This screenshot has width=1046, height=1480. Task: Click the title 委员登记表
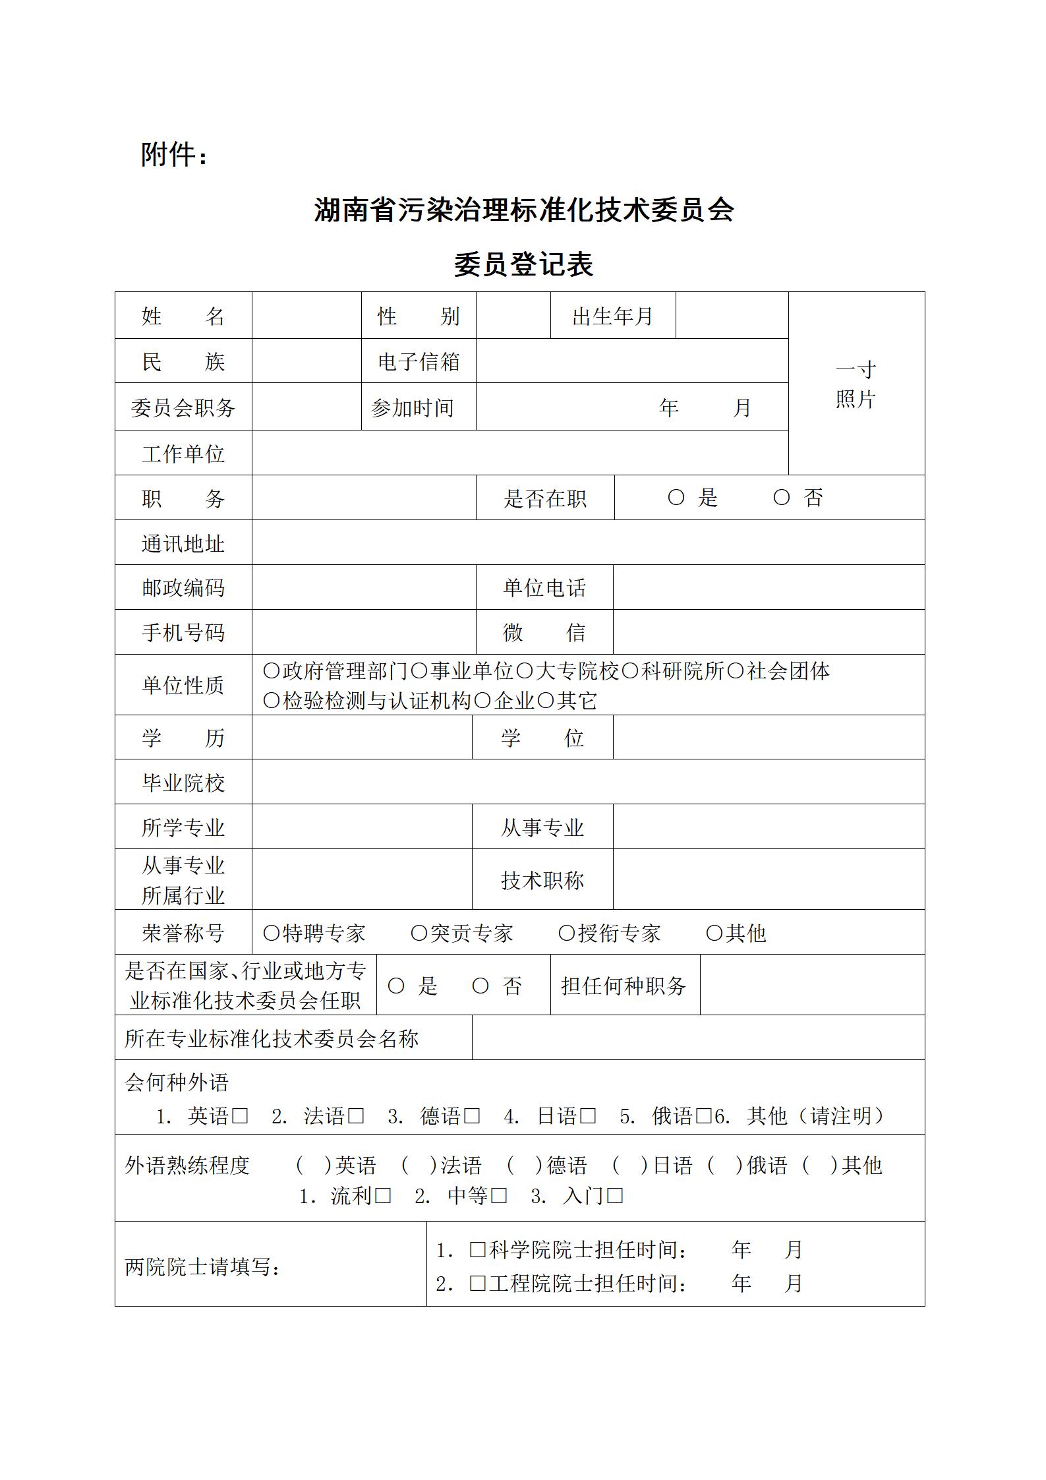click(523, 265)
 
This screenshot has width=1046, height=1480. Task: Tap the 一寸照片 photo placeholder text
click(856, 384)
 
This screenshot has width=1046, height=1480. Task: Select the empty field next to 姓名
click(306, 316)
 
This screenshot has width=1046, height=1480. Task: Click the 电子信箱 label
click(419, 361)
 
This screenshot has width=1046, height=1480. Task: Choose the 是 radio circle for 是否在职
click(676, 498)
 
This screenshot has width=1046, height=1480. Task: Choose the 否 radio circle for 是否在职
click(782, 498)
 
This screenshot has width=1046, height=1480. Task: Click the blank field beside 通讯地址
click(588, 543)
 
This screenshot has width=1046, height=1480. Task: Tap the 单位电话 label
click(544, 587)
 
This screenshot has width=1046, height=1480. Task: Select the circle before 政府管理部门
click(272, 671)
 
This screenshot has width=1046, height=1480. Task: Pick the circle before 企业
click(482, 701)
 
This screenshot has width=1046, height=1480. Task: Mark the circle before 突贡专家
click(419, 933)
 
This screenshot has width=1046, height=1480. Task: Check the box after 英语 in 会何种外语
click(241, 1116)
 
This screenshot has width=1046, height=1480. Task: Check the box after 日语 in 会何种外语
click(589, 1116)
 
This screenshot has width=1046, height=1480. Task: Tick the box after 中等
click(500, 1195)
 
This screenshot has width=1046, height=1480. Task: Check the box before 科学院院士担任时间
click(477, 1249)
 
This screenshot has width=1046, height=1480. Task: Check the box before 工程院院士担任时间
click(477, 1283)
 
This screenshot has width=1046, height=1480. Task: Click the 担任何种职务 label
click(624, 986)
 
